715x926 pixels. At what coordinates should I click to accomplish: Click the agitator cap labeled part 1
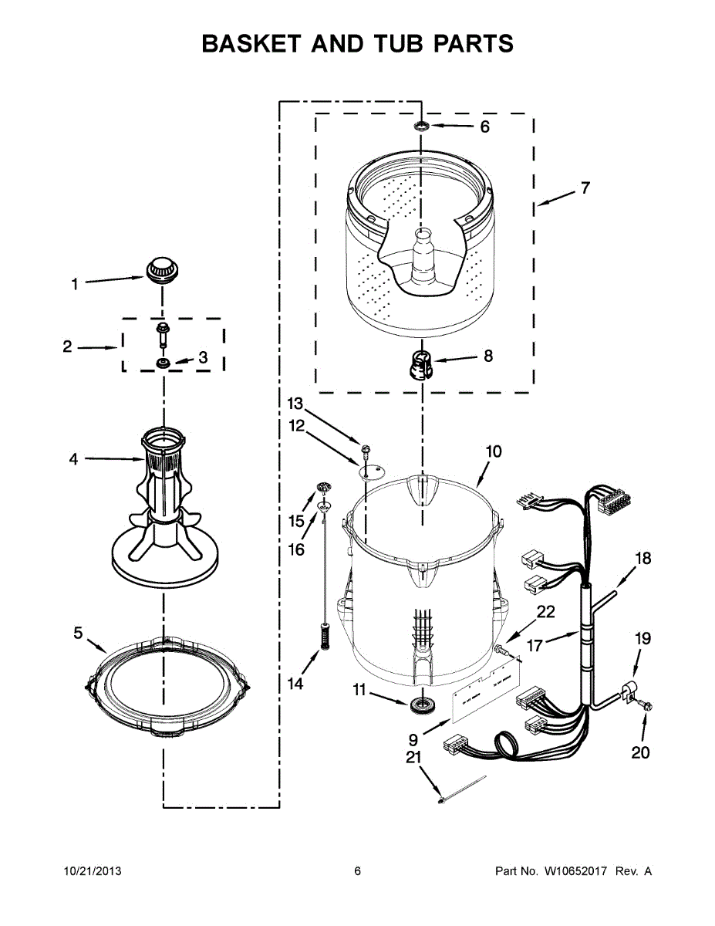tap(160, 270)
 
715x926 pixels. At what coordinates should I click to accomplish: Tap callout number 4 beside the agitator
tap(73, 459)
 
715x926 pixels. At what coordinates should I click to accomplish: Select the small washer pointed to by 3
tap(163, 363)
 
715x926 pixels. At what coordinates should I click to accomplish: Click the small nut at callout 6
tap(422, 125)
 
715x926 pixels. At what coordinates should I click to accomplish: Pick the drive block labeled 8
tap(419, 363)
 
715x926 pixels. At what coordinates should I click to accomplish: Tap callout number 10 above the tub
tap(494, 451)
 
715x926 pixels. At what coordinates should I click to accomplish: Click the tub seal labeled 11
tap(421, 703)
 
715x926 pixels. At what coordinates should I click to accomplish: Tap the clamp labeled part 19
tap(630, 689)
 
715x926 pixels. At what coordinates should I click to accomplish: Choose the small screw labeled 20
tap(646, 705)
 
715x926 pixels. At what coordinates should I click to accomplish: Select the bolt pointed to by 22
tap(504, 651)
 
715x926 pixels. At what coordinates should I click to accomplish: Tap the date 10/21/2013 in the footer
tap(92, 871)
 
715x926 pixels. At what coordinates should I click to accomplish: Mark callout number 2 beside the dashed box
tap(68, 347)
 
